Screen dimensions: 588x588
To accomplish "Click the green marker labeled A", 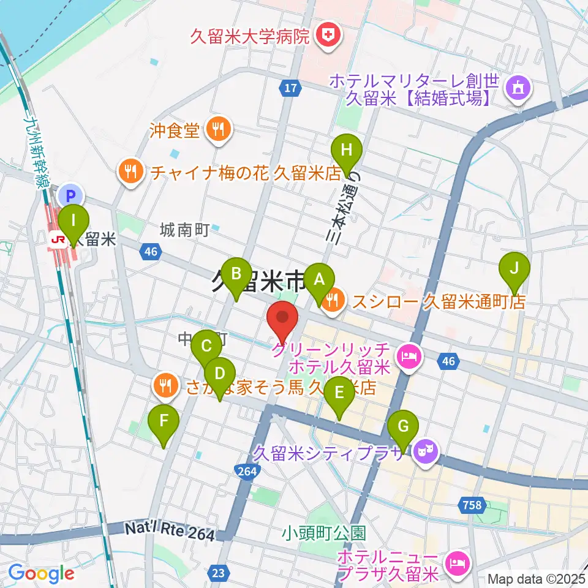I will point(318,280).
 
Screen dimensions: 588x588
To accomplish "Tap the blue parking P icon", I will point(72,196).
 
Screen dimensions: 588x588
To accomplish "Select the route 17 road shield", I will point(290,89).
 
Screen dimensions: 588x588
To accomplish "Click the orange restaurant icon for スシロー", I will point(333,300).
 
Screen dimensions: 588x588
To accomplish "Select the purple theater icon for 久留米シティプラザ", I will point(426,452).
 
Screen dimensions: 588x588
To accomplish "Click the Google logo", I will point(41,573).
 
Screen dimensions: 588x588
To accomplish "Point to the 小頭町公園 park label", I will point(324,532).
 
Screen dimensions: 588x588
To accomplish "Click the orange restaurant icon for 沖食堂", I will point(217,129).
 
